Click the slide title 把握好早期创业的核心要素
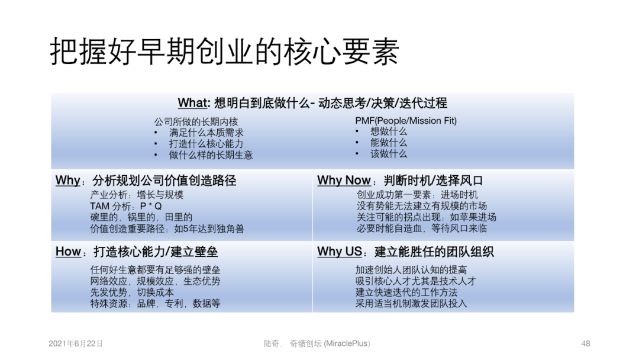tap(224, 52)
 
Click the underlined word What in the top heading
tap(192, 103)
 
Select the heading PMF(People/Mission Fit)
tap(406, 121)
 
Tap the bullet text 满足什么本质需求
tap(206, 133)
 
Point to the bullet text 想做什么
tap(389, 131)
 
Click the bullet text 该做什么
tap(389, 153)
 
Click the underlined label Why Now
tap(344, 181)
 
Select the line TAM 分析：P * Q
tap(126, 206)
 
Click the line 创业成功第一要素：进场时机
tap(417, 195)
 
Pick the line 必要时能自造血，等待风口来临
tap(422, 229)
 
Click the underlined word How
tap(68, 252)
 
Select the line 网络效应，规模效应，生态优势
tap(155, 281)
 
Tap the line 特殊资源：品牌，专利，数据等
tap(155, 303)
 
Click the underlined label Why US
tap(339, 252)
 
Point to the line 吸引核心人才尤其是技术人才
tap(415, 281)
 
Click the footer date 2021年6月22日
tap(75, 343)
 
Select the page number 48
tap(586, 343)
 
